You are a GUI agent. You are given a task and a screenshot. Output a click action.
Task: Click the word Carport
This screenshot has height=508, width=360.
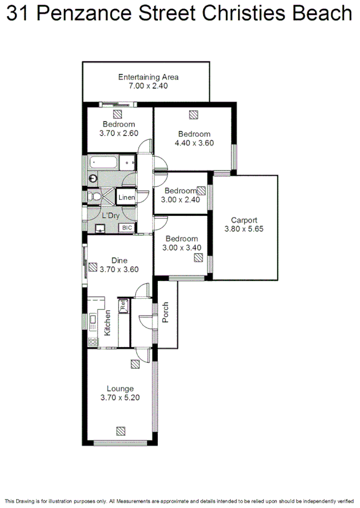[x=244, y=220]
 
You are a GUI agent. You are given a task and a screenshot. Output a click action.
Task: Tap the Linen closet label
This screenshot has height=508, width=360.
[x=126, y=197]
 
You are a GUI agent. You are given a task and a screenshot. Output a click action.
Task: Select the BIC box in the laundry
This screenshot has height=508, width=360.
[x=127, y=228]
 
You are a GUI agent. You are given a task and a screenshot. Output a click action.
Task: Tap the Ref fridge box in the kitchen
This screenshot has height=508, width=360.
[x=123, y=305]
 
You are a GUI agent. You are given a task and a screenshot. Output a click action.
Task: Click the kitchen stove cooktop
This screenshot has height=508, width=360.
[x=93, y=341]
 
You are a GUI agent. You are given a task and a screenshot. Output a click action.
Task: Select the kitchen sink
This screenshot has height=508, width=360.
[x=93, y=323]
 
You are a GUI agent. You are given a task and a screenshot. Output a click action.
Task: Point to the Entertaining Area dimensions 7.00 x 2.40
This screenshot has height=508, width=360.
[x=148, y=86]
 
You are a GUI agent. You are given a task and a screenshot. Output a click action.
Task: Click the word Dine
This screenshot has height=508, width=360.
[x=119, y=260]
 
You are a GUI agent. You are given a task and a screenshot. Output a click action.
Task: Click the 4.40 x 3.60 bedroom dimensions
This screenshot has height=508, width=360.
[x=194, y=143]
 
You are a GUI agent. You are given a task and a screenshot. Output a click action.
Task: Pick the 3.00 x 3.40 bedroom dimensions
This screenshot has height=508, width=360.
[x=182, y=247]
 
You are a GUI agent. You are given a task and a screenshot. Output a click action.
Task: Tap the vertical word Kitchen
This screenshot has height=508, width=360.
[x=108, y=323]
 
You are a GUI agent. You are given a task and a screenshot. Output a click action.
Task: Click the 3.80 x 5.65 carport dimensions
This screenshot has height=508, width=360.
[x=244, y=229]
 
